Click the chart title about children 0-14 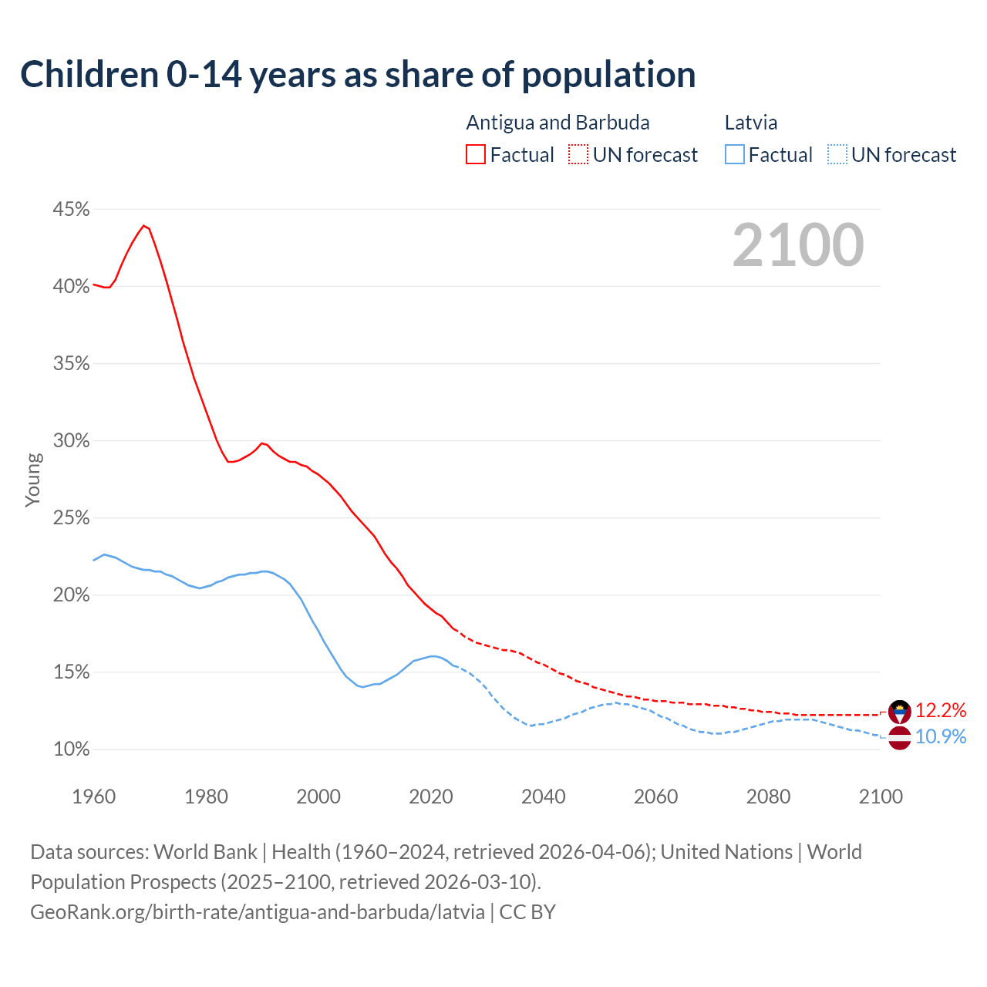pos(358,75)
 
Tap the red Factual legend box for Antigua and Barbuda pos(476,155)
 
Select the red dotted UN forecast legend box pos(578,155)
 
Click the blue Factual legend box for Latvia pos(735,155)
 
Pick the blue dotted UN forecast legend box pos(837,155)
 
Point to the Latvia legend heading pos(750,123)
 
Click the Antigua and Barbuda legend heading pos(558,123)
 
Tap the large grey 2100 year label pos(798,245)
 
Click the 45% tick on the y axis pos(71,210)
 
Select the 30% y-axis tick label pos(71,441)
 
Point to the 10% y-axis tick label pos(71,750)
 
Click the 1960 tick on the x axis pos(93,797)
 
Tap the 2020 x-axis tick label pos(430,797)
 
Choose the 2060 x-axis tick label pos(655,797)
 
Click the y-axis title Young pos(33,480)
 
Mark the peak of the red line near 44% pos(143,225)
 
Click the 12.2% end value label pos(940,710)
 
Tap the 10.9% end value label pos(940,736)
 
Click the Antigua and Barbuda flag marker pos(900,712)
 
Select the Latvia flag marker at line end pos(900,738)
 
